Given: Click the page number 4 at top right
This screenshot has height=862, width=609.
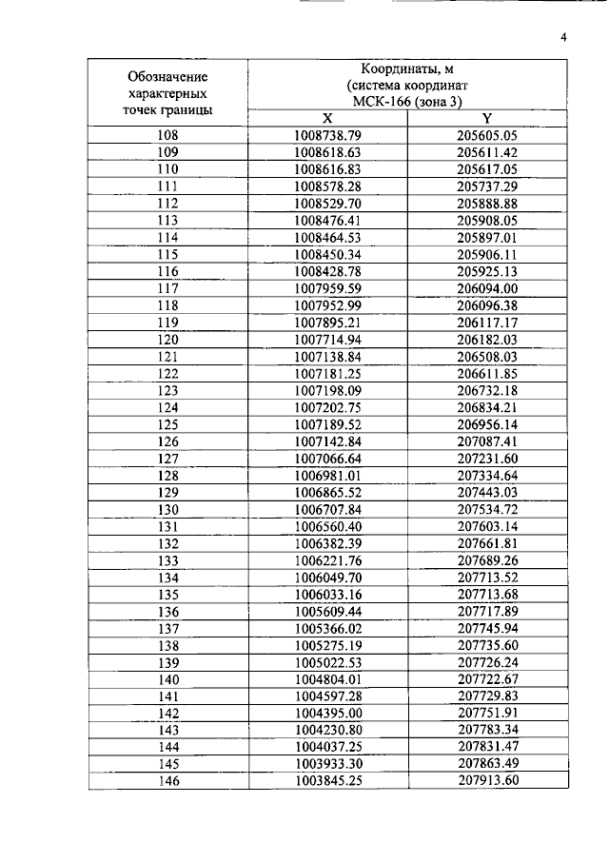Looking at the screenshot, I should tap(563, 38).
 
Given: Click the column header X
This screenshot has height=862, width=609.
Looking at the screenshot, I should tap(327, 118).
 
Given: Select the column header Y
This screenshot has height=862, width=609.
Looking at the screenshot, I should tap(486, 118).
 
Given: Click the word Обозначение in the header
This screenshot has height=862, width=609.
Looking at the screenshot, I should tap(167, 76).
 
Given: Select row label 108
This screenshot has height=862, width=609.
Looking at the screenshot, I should tap(167, 135).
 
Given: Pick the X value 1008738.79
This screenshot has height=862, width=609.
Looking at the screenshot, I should tap(328, 135).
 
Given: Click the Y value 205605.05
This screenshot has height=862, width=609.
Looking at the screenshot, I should tap(486, 135).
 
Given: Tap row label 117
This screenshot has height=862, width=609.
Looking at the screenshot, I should tap(167, 288).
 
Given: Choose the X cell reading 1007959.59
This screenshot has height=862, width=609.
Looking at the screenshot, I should tap(328, 288).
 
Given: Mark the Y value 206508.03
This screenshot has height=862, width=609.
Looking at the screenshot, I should tap(486, 356).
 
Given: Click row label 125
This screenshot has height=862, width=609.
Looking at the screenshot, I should tap(167, 423).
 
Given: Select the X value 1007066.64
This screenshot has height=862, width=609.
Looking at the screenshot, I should tap(328, 458).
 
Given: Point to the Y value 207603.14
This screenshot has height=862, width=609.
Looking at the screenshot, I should tap(486, 525).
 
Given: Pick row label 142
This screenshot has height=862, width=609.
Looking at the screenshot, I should tap(167, 712).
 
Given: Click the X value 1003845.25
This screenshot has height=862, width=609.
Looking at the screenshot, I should tap(328, 780).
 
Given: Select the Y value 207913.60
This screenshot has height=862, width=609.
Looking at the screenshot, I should tap(486, 780).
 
